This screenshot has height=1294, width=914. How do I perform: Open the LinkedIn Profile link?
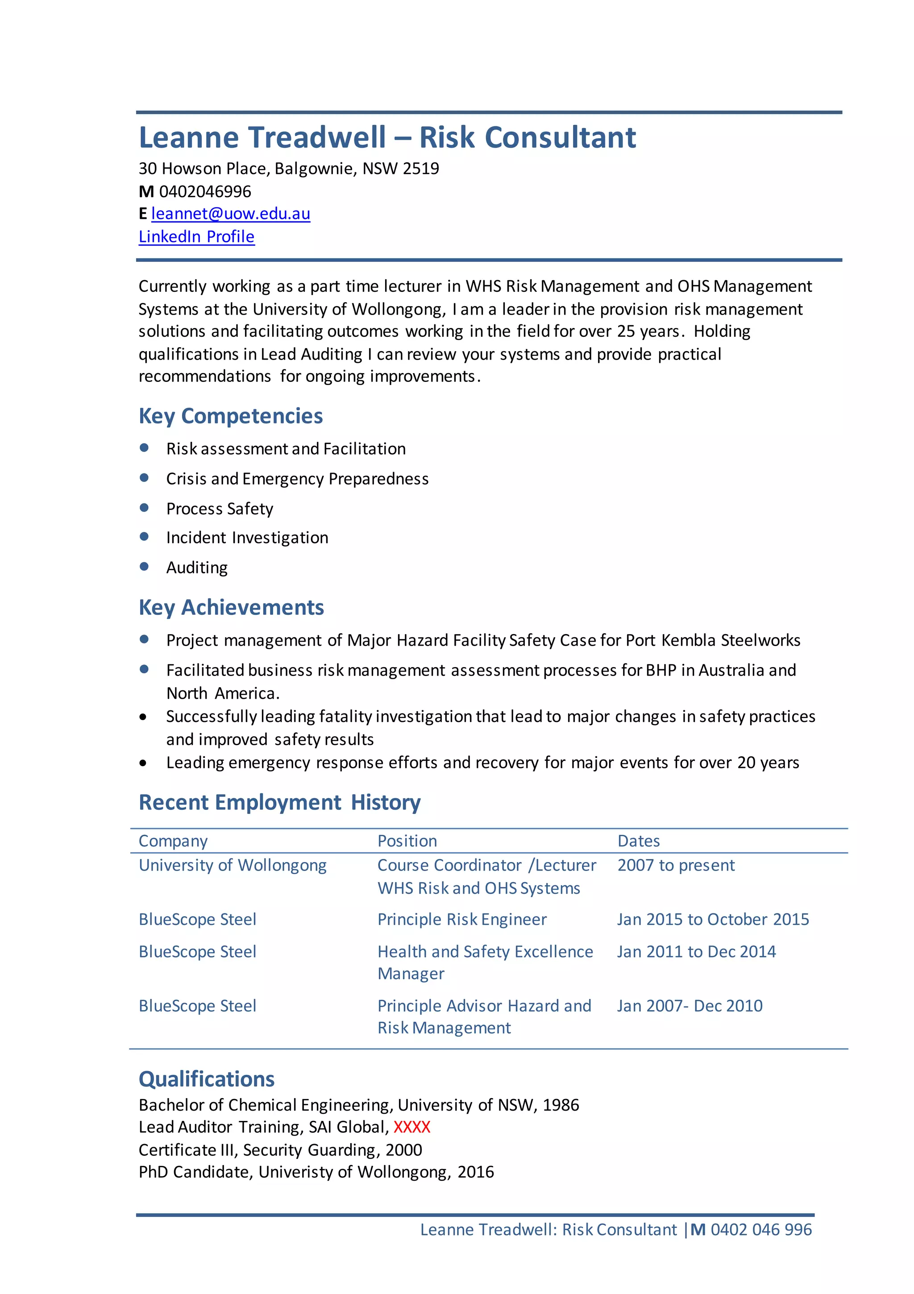[196, 236]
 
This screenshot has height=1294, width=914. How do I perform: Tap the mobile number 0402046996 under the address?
[205, 191]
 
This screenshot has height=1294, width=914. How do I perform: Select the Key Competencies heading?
[231, 416]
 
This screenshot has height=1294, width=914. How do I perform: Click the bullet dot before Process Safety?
[144, 508]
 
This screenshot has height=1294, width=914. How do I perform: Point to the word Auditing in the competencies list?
[197, 568]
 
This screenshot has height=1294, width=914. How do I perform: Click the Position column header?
[407, 841]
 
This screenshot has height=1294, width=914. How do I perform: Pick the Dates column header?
[638, 841]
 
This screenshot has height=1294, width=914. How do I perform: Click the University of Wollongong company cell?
[233, 865]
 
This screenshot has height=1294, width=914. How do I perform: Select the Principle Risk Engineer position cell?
[462, 919]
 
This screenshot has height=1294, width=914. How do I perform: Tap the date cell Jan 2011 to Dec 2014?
[696, 951]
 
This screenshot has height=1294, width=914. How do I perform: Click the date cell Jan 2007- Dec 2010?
[689, 1005]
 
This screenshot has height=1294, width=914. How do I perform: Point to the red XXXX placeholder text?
[411, 1127]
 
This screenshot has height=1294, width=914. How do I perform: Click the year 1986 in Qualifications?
[561, 1105]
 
